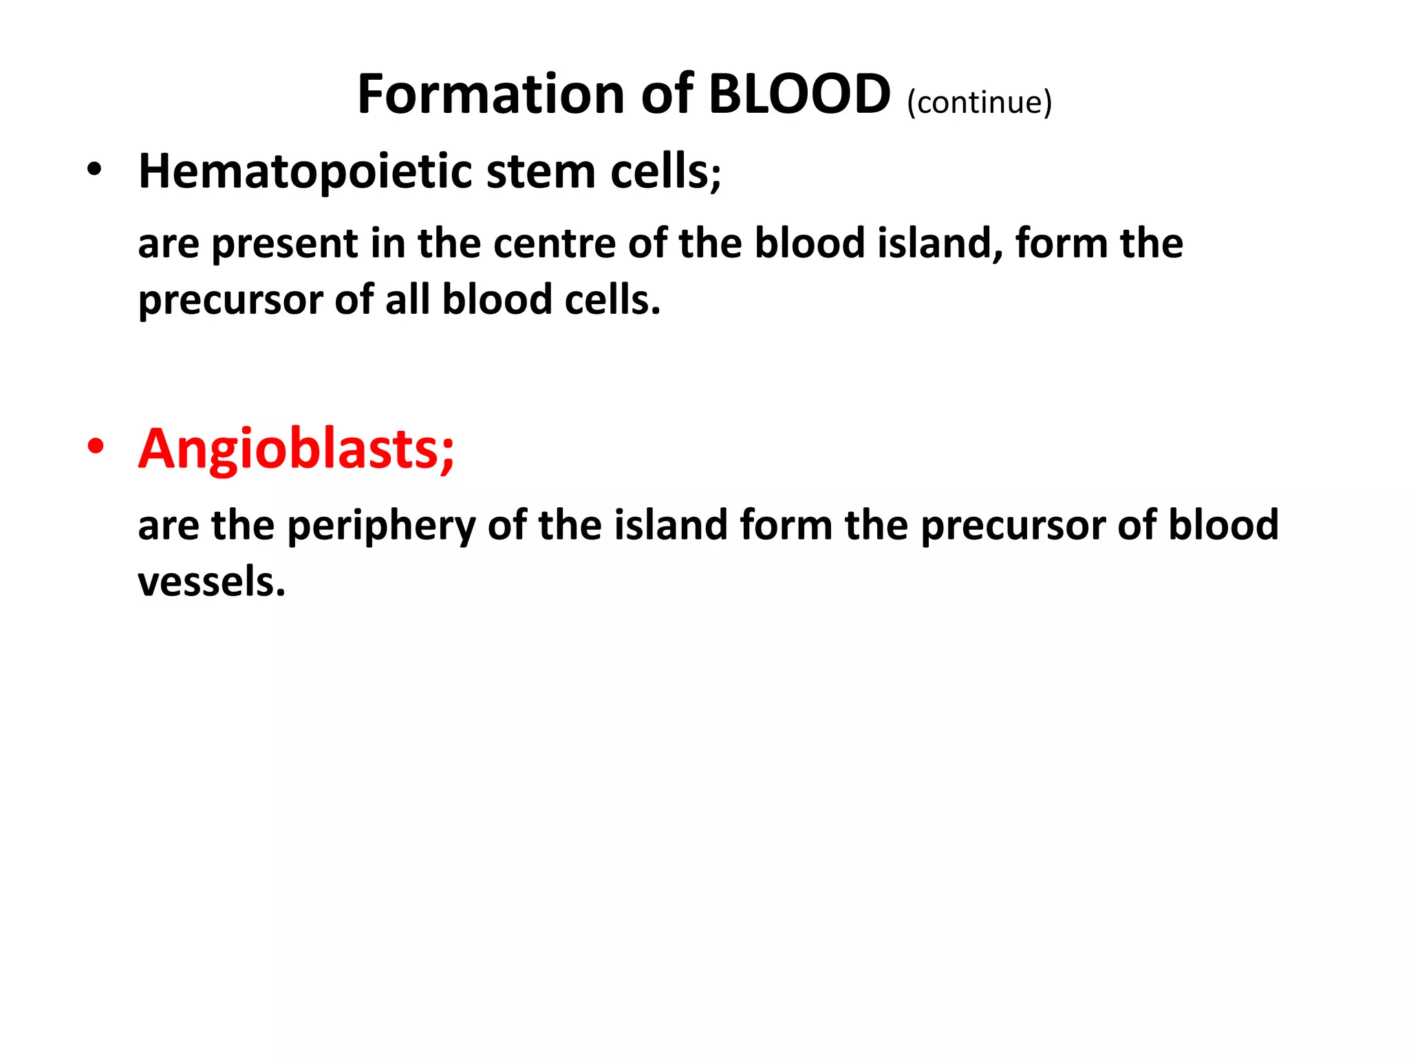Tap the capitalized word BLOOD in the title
coord(799,94)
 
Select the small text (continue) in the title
coord(979,103)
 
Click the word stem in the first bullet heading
coord(540,171)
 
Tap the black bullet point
coord(94,169)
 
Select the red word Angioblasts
coord(296,449)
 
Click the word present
coord(284,244)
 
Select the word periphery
coord(381,526)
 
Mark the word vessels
coord(211,582)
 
